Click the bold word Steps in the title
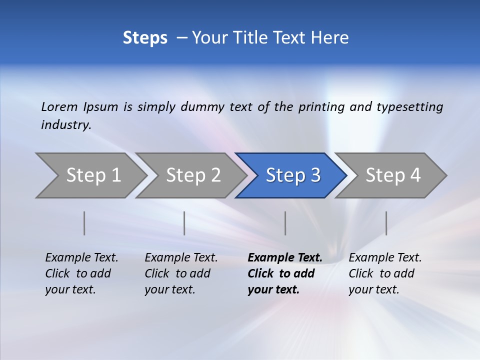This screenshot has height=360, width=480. [145, 38]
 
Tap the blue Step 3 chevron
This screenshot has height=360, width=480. [293, 175]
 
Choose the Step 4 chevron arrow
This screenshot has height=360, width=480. [393, 175]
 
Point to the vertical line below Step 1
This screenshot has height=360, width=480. [84, 223]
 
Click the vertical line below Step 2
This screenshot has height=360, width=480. [184, 223]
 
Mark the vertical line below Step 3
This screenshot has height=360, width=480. [285, 223]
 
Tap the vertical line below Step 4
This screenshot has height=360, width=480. [386, 223]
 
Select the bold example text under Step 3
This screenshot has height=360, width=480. [284, 273]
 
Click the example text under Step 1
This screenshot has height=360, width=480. [81, 273]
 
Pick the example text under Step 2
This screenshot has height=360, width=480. [181, 273]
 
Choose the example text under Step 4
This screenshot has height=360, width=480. [385, 273]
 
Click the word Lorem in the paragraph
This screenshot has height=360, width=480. [59, 107]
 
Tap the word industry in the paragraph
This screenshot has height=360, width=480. [65, 125]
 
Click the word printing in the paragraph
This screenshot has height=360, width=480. [321, 107]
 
